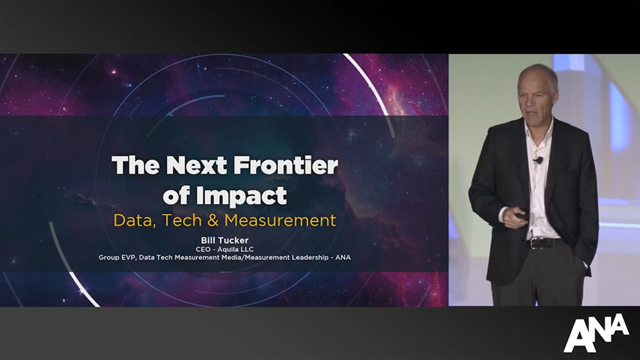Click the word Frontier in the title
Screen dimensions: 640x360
286,165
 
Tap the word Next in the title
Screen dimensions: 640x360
196,165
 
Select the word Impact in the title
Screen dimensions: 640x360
241,196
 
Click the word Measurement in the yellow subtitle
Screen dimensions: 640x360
280,221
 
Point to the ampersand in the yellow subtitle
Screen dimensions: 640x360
213,221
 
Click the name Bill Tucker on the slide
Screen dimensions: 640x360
225,240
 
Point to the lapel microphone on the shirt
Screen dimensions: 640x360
539,160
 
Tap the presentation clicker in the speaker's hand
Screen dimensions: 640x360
520,215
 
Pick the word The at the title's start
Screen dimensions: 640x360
136,165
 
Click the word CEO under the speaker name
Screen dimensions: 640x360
203,250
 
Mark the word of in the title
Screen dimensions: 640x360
177,196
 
